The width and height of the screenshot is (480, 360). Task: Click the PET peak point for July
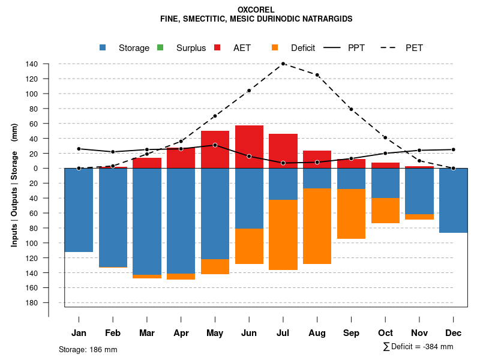283,64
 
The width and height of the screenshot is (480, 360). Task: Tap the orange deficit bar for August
317,226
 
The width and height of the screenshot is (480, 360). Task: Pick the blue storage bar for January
79,210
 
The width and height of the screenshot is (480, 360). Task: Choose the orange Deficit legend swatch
275,47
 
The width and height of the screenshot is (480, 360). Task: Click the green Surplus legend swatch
160,47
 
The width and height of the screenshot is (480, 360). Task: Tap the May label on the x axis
215,333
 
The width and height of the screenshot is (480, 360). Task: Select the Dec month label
454,333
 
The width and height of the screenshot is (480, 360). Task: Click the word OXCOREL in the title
256,10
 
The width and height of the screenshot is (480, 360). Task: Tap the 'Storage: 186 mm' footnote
88,349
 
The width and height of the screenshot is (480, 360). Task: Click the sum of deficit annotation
418,347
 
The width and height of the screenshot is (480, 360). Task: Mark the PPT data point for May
215,145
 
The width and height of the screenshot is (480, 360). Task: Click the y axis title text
14,189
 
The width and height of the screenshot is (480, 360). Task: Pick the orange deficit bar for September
352,214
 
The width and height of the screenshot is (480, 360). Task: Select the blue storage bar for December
454,200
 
